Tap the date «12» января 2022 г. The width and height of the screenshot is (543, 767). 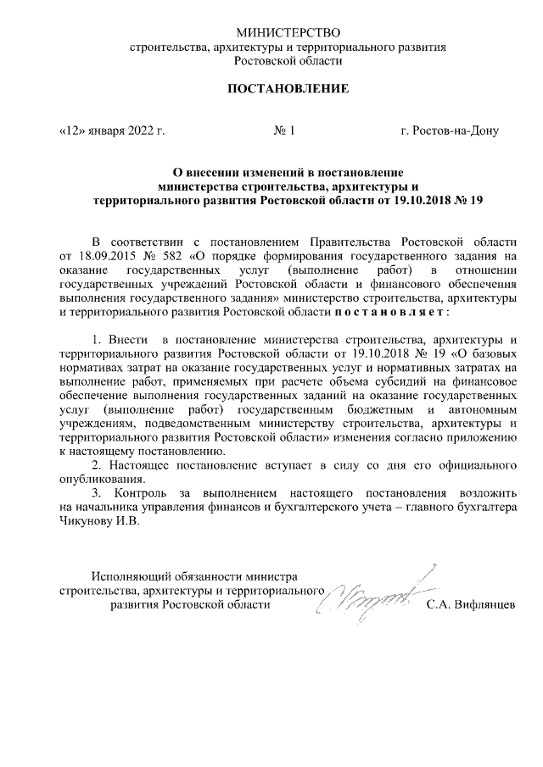click(x=110, y=131)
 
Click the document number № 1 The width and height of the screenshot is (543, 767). click(x=283, y=131)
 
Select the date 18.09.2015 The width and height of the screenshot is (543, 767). click(x=106, y=254)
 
